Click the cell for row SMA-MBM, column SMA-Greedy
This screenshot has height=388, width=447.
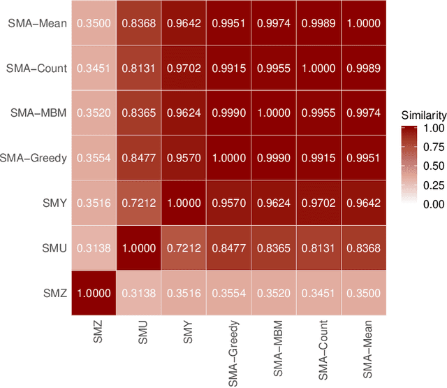pos(230,113)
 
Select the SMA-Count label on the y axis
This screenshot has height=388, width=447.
pos(38,68)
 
